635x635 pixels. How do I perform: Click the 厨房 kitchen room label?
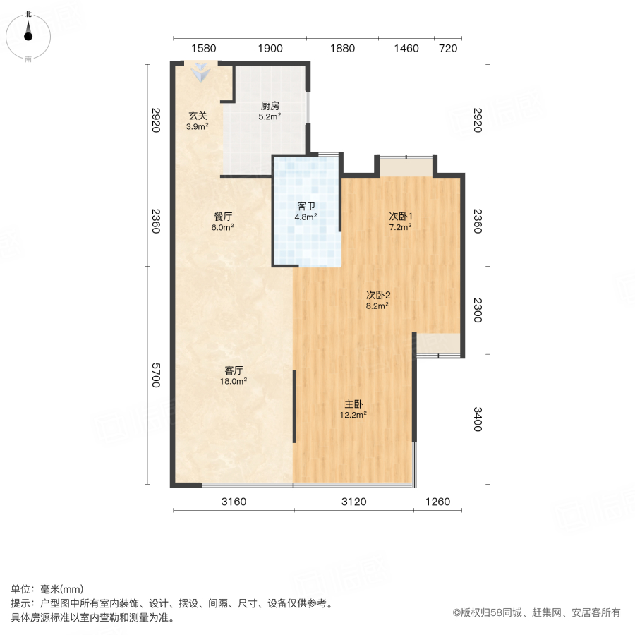(270, 106)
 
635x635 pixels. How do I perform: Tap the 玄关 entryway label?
(198, 116)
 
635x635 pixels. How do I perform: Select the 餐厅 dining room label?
(223, 217)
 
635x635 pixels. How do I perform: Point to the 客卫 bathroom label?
(306, 207)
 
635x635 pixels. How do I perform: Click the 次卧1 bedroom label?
(401, 217)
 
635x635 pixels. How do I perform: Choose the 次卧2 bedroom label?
(378, 295)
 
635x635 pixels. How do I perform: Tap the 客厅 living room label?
(234, 370)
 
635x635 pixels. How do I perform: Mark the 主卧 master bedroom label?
(353, 404)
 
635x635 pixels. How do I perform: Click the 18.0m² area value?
(234, 381)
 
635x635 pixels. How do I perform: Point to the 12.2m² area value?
(353, 415)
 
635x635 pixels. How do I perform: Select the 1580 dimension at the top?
(204, 49)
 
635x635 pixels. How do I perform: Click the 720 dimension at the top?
(448, 49)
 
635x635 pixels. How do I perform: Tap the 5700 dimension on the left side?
(156, 375)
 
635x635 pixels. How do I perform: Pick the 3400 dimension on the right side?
(478, 419)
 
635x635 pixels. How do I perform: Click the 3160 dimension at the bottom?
(234, 502)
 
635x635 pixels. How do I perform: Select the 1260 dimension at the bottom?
(437, 502)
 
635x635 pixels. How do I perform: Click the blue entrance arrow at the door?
(201, 72)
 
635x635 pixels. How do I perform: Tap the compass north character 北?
(28, 15)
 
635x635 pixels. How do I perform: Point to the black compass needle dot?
(28, 37)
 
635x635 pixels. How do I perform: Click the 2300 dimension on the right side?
(478, 310)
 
